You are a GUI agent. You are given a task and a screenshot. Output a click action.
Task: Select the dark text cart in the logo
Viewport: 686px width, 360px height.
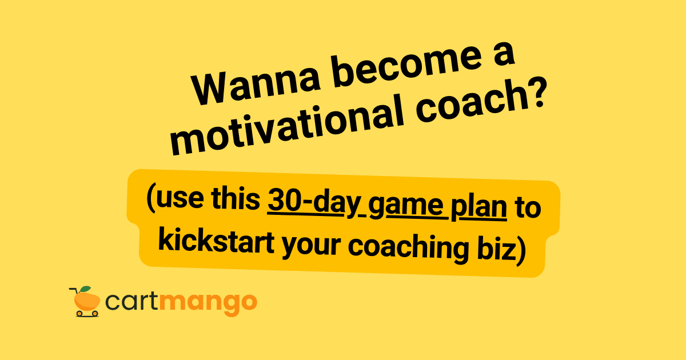coord(132,302)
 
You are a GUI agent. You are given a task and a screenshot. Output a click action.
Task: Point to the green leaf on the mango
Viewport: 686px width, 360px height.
coord(86,289)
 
